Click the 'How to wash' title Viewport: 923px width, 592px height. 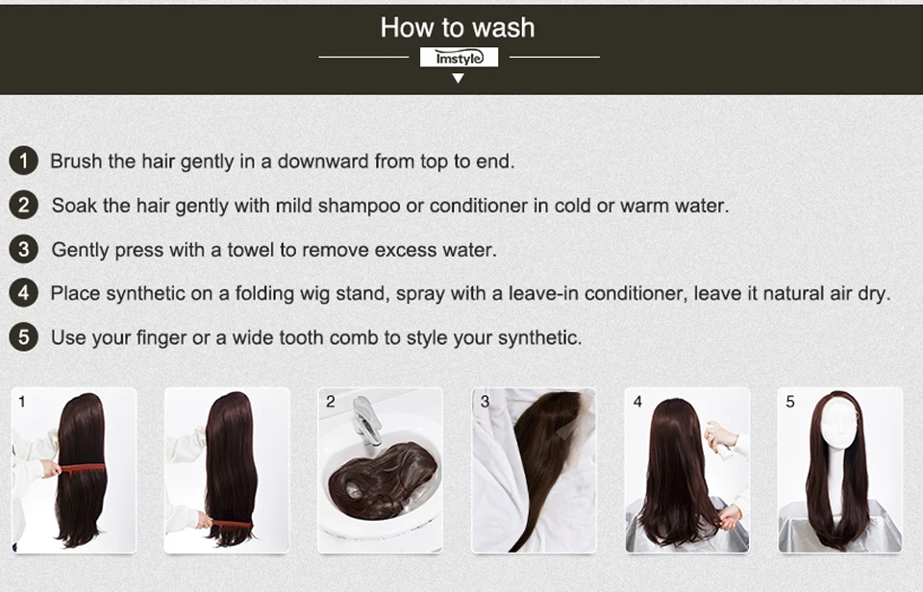pyautogui.click(x=458, y=28)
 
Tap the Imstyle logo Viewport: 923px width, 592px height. pyautogui.click(x=460, y=58)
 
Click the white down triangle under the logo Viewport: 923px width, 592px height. pyautogui.click(x=458, y=78)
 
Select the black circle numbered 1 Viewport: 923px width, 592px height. pyautogui.click(x=23, y=160)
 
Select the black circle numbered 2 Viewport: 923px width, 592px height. pyautogui.click(x=23, y=205)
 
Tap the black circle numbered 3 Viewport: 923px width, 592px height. pyautogui.click(x=23, y=249)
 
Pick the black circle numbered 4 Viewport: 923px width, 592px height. pyautogui.click(x=23, y=292)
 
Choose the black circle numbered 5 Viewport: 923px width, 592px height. pyautogui.click(x=23, y=337)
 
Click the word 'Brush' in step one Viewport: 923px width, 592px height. pyautogui.click(x=76, y=160)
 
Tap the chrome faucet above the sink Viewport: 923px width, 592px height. pyautogui.click(x=366, y=420)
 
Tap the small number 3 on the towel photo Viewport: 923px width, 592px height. pyautogui.click(x=485, y=402)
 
